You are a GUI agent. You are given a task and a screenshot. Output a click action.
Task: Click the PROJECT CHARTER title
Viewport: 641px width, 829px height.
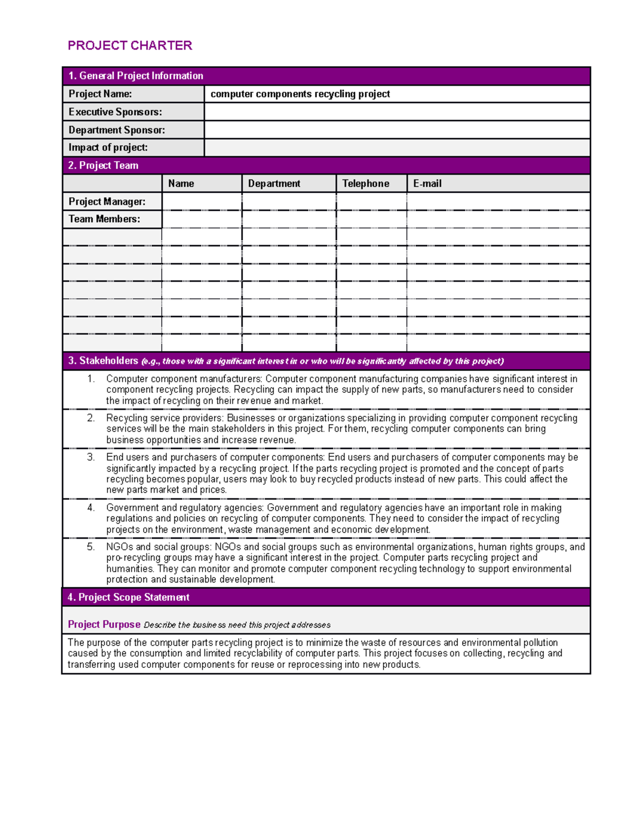point(130,46)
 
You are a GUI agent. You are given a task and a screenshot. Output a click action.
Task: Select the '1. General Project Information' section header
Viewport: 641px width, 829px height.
point(136,76)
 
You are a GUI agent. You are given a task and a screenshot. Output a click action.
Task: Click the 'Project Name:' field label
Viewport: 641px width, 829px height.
point(100,94)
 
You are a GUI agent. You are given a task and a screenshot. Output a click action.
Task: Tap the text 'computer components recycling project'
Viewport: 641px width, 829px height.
point(300,94)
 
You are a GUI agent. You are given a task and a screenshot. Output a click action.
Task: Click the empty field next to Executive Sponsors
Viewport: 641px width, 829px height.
point(396,112)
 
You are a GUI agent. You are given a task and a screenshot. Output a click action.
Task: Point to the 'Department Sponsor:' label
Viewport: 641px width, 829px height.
point(116,130)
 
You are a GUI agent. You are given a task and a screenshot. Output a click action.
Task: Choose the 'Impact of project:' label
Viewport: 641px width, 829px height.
point(108,147)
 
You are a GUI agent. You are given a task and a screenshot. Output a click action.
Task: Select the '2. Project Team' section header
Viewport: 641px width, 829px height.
point(103,165)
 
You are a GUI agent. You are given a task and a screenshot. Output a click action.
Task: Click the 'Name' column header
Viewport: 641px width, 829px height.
point(181,184)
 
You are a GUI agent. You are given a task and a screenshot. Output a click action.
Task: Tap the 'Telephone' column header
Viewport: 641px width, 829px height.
point(365,184)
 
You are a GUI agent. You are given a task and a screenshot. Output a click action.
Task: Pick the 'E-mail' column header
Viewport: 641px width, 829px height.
point(427,184)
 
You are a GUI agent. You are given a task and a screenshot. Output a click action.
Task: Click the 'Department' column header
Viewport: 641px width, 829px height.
point(274,184)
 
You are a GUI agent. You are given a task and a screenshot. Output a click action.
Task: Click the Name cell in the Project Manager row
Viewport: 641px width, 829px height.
point(201,201)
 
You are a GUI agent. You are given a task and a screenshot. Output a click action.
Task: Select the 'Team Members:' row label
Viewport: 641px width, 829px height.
point(104,219)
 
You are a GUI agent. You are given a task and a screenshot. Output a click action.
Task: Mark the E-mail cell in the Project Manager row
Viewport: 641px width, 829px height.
point(498,201)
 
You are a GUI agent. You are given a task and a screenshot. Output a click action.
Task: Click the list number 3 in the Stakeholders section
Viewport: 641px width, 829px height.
point(91,457)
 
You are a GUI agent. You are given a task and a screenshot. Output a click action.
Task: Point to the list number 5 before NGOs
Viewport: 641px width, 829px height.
point(91,547)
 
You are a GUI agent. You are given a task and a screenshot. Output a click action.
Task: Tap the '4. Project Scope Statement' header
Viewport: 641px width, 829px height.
point(128,597)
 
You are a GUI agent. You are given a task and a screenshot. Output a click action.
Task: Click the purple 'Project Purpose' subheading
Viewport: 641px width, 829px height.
point(104,625)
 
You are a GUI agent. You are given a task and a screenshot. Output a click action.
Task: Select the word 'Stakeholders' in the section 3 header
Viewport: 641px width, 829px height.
point(108,361)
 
